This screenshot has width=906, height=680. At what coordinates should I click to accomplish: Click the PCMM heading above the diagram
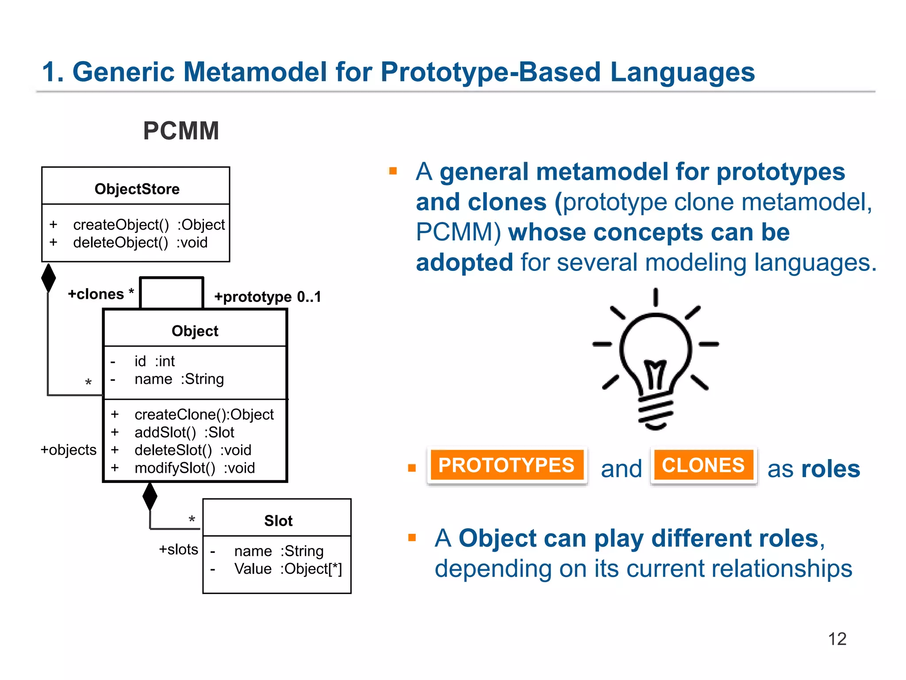coord(181,131)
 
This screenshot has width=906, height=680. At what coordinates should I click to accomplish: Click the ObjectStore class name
coord(137,189)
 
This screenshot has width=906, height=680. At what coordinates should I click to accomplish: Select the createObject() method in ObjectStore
coord(149,225)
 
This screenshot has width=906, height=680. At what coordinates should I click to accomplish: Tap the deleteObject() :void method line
coord(140,243)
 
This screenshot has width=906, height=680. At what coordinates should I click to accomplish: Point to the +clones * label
coord(100,294)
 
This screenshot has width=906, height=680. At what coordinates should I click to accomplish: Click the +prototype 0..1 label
coord(267,297)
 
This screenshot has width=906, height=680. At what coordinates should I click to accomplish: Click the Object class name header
coord(195,331)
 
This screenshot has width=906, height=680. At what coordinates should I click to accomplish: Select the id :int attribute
coord(154,361)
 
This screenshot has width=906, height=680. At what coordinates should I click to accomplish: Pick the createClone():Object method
coord(203,414)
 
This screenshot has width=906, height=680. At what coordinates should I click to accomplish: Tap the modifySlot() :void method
coord(194,468)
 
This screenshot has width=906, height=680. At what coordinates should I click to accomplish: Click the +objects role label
coord(69,450)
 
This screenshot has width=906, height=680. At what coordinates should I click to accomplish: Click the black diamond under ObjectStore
coord(48,278)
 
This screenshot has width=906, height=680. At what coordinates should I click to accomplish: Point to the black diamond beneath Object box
coord(150,496)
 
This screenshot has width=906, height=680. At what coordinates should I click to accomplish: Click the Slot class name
coord(278,521)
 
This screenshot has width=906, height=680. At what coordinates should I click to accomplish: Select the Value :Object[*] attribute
coord(288,569)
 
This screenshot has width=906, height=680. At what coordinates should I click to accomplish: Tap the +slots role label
coord(178,549)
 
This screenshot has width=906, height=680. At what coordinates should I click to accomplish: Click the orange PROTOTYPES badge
coord(506,465)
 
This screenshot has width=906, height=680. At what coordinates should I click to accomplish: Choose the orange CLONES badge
coord(703,465)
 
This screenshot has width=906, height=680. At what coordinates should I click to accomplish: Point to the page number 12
coord(837,639)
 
